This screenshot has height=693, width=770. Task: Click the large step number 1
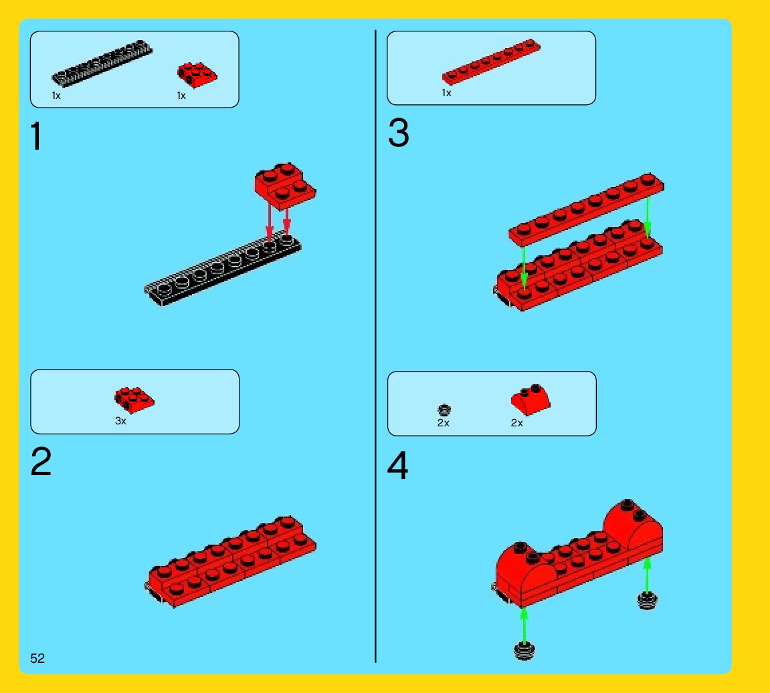(x=36, y=136)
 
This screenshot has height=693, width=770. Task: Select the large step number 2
(x=41, y=462)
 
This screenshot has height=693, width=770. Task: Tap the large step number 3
(x=398, y=133)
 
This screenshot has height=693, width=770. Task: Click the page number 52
(x=37, y=658)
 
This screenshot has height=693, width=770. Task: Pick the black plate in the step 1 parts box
(x=102, y=63)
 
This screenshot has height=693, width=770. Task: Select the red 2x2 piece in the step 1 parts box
(x=197, y=75)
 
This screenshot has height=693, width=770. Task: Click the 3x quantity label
(x=120, y=421)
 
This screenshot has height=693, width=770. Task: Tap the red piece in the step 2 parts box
(x=134, y=400)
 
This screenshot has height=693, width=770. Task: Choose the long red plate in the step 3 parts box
(x=490, y=61)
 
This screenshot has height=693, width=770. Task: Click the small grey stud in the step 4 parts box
(x=444, y=410)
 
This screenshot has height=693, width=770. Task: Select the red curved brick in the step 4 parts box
(x=531, y=400)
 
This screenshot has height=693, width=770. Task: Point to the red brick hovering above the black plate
(x=285, y=186)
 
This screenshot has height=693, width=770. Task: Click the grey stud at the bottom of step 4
(x=524, y=651)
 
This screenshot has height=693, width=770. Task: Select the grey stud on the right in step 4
(x=647, y=600)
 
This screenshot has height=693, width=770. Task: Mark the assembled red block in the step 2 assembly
(x=231, y=561)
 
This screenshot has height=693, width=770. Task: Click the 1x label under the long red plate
(x=446, y=93)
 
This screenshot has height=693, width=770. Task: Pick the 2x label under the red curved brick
(x=516, y=423)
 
